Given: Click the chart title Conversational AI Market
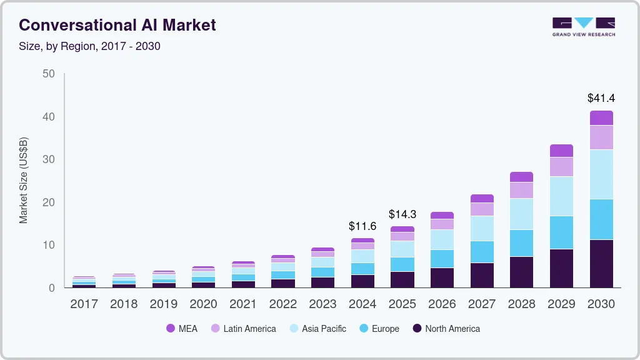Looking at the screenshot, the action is pyautogui.click(x=117, y=25).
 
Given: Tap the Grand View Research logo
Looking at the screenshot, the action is pyautogui.click(x=583, y=26).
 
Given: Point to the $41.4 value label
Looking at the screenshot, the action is pyautogui.click(x=601, y=98).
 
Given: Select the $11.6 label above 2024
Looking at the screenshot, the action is pyautogui.click(x=362, y=226).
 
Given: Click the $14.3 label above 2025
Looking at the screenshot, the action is pyautogui.click(x=402, y=214).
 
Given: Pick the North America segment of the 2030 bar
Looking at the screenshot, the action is pyautogui.click(x=601, y=263).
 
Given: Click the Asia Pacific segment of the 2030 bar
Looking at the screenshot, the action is pyautogui.click(x=601, y=174).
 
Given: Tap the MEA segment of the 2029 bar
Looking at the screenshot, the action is pyautogui.click(x=561, y=151).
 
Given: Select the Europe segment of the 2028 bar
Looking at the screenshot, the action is pyautogui.click(x=521, y=243).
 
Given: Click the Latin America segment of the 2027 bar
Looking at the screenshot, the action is pyautogui.click(x=482, y=209).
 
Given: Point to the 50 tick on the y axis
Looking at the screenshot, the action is pyautogui.click(x=49, y=74).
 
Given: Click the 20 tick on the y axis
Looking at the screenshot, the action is pyautogui.click(x=49, y=202).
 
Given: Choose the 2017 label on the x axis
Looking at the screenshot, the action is pyautogui.click(x=84, y=304).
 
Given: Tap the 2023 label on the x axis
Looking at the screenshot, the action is pyautogui.click(x=322, y=304).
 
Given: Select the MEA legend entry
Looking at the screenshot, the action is pyautogui.click(x=181, y=329).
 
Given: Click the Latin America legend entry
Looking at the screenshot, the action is pyautogui.click(x=243, y=329).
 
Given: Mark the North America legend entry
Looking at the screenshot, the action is pyautogui.click(x=446, y=329).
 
